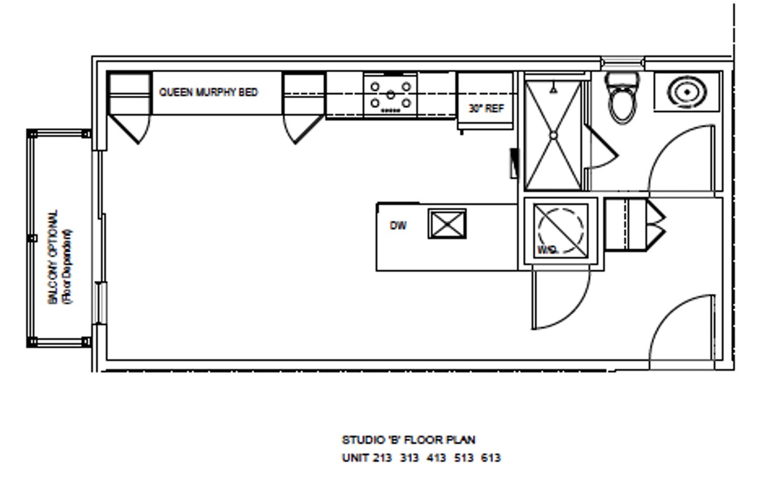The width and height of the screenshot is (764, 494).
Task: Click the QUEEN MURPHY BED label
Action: (x=208, y=92)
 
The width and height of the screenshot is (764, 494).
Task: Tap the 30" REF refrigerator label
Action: (x=486, y=108)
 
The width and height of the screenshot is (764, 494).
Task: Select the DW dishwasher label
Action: (x=398, y=225)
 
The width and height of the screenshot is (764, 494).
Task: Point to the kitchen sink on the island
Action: (x=447, y=224)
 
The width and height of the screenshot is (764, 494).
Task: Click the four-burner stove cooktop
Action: (x=390, y=94)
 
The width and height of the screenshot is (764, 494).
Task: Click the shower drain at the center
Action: (x=553, y=135)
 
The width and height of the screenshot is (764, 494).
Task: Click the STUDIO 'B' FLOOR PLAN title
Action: (x=408, y=440)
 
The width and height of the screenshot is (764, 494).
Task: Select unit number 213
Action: (x=382, y=458)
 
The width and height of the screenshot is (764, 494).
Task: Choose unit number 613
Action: (x=490, y=458)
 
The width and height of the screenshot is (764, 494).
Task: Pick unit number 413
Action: (x=436, y=458)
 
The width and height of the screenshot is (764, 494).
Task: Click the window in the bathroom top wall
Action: (x=622, y=62)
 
